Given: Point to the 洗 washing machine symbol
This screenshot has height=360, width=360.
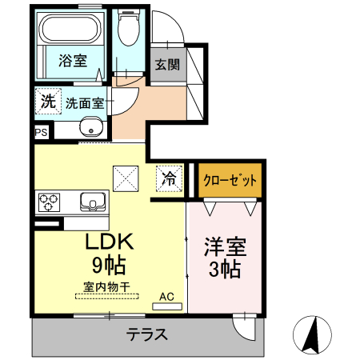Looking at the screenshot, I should coord(47,102).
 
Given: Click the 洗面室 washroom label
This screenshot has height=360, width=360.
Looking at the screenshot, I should coord(84,102).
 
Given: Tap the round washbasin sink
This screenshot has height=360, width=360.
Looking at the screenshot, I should coord(90,126).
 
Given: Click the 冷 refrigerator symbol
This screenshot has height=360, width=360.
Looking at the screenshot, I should coord(169,177).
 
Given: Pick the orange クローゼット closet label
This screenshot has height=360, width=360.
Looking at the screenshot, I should coord(230,180).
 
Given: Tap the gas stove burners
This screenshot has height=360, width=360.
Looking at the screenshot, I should coord(48,201).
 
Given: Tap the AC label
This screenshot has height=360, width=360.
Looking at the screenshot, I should coord(166,296).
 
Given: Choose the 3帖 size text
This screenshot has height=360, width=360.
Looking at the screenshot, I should coord(223,269).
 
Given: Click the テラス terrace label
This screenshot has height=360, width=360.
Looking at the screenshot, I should coord(146,335).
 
